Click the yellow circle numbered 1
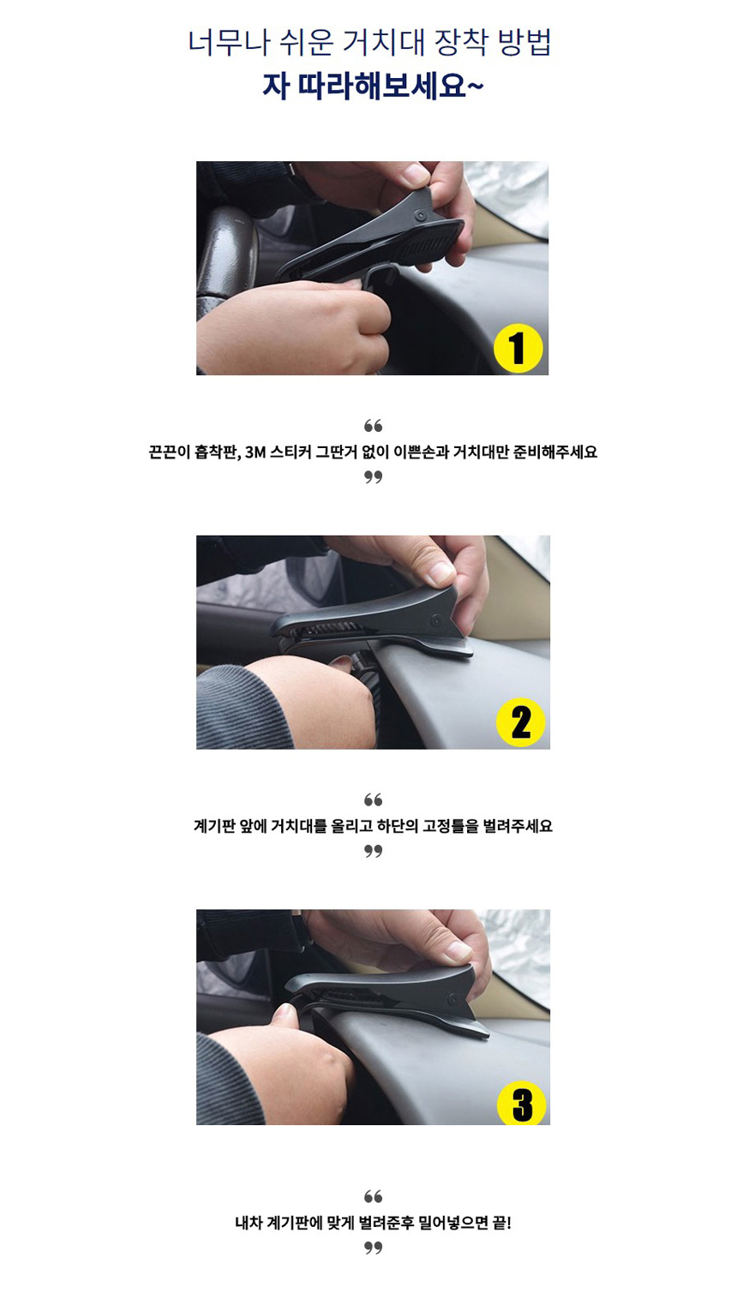click(x=518, y=348)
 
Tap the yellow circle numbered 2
click(x=520, y=722)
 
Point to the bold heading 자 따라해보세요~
click(x=372, y=87)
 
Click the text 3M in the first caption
click(x=255, y=452)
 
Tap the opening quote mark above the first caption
click(x=373, y=426)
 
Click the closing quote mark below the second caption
click(x=373, y=852)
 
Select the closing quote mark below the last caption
click(x=373, y=1248)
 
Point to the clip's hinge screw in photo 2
click(x=435, y=621)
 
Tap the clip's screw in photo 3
click(x=452, y=999)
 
